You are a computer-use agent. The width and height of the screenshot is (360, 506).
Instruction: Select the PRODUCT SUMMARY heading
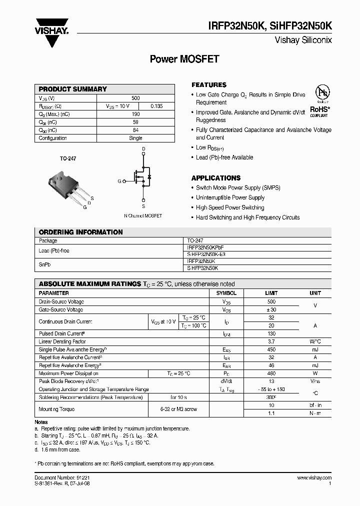[x=73, y=89]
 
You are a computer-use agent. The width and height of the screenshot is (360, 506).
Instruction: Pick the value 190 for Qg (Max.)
[x=135, y=114]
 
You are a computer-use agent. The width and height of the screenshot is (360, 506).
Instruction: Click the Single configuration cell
[x=135, y=138]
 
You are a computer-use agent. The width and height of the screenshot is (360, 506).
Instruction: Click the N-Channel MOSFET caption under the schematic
[x=143, y=216]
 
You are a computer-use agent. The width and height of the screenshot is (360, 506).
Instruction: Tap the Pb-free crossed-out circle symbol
[x=322, y=93]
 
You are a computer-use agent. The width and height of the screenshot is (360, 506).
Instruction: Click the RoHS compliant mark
[x=319, y=110]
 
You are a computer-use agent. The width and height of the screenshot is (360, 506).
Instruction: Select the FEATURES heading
[x=209, y=85]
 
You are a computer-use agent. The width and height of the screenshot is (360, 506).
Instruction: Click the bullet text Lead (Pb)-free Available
[x=224, y=157]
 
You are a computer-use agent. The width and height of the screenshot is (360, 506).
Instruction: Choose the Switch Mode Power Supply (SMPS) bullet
[x=238, y=188]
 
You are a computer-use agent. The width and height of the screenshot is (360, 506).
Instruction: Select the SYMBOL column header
[x=226, y=293]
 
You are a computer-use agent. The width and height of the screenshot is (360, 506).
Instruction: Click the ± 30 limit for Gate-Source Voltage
[x=271, y=310]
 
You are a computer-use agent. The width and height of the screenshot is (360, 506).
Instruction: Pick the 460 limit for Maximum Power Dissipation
[x=271, y=373]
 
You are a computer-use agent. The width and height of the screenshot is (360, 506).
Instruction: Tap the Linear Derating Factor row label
[x=62, y=341]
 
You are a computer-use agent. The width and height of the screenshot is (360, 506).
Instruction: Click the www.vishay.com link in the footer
[x=314, y=478]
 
